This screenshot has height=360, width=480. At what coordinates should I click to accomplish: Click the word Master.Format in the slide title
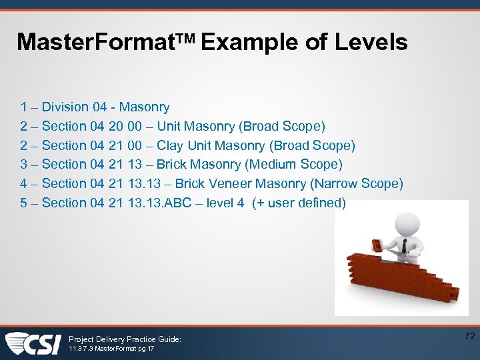click(100, 43)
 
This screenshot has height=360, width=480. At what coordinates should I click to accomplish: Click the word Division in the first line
click(65, 107)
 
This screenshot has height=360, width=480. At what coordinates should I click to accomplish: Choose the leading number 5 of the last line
click(24, 203)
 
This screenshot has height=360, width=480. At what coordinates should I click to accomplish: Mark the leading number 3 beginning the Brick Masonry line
click(24, 164)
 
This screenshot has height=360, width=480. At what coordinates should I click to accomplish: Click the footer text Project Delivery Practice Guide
click(125, 339)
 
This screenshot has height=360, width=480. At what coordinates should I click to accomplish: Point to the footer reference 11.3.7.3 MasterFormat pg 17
click(111, 349)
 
